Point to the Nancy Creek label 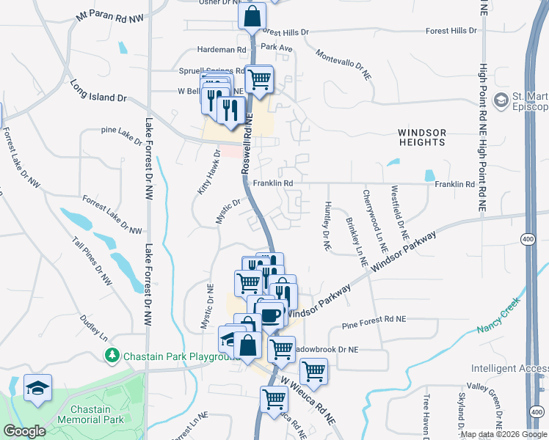click(498, 314)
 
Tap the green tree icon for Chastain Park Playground click(112, 356)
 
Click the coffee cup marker click(271, 315)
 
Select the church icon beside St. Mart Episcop click(502, 100)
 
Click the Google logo click(24, 431)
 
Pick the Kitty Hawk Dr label click(209, 172)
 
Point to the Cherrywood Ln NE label click(374, 216)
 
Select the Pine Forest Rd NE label click(374, 319)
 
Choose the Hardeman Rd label click(221, 49)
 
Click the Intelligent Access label click(509, 369)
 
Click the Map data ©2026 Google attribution click(504, 434)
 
